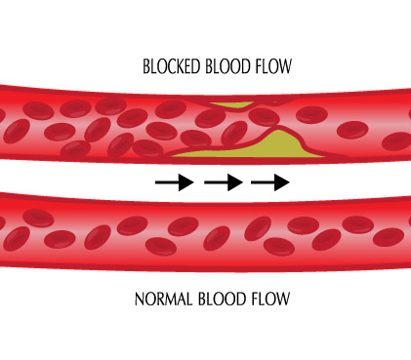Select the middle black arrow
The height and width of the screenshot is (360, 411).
pyautogui.click(x=223, y=181)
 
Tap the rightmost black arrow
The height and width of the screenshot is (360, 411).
pyautogui.click(x=270, y=181)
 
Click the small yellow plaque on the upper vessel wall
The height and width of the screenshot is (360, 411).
pyautogui.click(x=234, y=104)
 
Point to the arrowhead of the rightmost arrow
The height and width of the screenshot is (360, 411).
pyautogui.click(x=283, y=181)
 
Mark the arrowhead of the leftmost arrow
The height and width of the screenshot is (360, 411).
pyautogui.click(x=187, y=181)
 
